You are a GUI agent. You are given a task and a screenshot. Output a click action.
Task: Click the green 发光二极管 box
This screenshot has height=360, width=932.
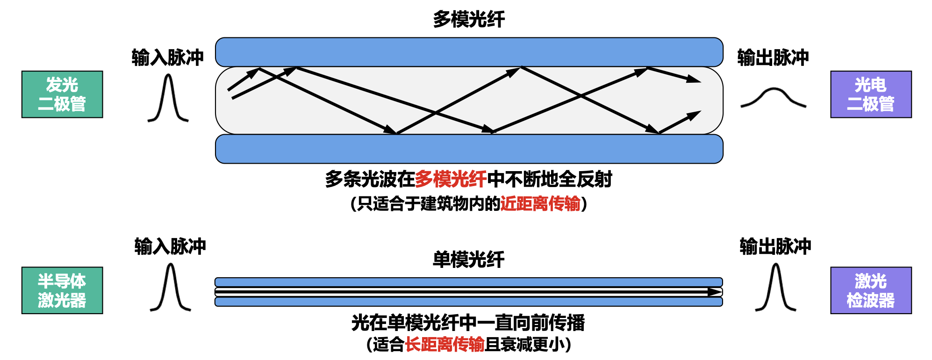pyautogui.click(x=62, y=94)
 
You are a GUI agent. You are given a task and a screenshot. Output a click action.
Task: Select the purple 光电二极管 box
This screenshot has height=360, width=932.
pyautogui.click(x=871, y=94)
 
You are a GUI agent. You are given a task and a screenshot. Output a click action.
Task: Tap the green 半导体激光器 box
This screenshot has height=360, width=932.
pyautogui.click(x=62, y=290)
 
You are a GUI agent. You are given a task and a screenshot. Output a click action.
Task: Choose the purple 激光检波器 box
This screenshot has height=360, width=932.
pyautogui.click(x=871, y=290)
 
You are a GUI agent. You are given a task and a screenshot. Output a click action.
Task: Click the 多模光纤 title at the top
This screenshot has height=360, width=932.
pyautogui.click(x=469, y=19)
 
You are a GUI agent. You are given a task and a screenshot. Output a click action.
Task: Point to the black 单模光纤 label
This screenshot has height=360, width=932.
pyautogui.click(x=468, y=259)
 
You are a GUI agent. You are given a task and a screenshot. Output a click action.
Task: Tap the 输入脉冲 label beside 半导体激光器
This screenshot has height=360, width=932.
pyautogui.click(x=170, y=246)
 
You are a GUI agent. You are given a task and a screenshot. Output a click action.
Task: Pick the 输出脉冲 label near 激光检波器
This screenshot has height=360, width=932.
pyautogui.click(x=775, y=246)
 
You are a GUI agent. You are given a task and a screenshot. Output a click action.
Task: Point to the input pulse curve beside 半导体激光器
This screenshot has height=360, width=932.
pyautogui.click(x=171, y=288)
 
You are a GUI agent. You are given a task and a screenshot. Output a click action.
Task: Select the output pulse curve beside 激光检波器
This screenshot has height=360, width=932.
pyautogui.click(x=776, y=288)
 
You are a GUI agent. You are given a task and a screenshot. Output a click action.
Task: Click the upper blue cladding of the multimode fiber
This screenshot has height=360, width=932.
pyautogui.click(x=469, y=52)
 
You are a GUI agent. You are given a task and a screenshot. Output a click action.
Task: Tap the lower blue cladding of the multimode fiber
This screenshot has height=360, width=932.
pyautogui.click(x=469, y=149)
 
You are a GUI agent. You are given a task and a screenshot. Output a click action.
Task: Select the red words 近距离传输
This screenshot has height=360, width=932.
pyautogui.click(x=540, y=204)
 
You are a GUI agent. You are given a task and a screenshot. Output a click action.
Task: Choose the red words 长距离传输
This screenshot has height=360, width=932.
pyautogui.click(x=444, y=345)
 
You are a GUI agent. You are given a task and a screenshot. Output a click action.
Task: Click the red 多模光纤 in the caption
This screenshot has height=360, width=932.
pyautogui.click(x=451, y=179)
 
